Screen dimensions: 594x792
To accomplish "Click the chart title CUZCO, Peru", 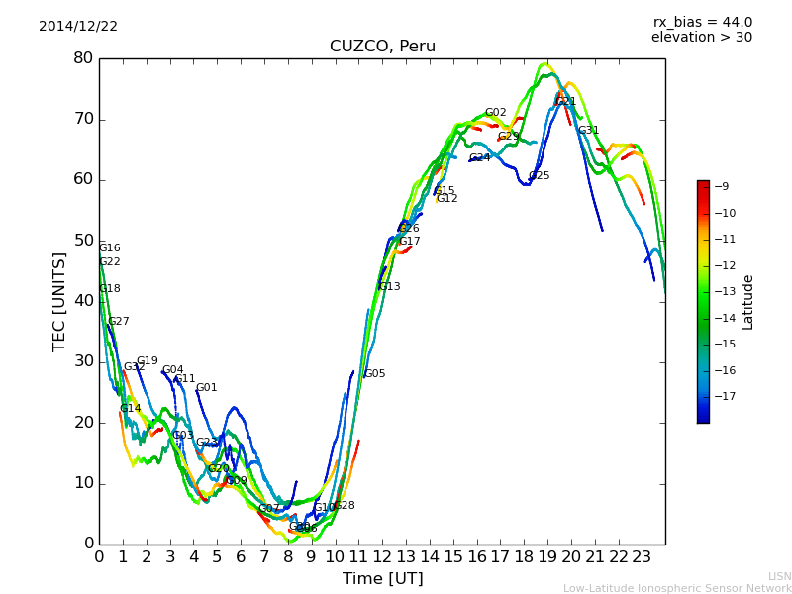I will click(382, 47).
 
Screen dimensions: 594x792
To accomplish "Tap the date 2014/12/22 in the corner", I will click(78, 27).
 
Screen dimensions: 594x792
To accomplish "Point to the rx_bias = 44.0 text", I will click(702, 23).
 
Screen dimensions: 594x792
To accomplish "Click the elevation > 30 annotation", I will click(701, 38).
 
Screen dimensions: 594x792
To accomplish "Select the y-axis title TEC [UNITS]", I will click(59, 301).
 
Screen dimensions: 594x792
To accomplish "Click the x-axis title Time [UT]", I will click(382, 578).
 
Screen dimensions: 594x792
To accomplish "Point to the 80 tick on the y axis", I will click(83, 58).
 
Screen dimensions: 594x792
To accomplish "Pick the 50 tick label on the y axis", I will click(83, 241).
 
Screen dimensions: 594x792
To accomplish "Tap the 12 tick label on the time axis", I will click(382, 556).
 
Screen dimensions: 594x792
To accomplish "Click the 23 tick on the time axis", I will click(642, 556).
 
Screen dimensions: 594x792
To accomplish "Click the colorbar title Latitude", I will click(748, 302).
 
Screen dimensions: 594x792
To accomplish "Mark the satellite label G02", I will click(495, 113).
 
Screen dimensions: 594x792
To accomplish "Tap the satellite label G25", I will click(539, 176).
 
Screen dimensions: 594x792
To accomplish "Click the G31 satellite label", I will click(588, 131).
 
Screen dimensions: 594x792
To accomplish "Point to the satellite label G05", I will click(374, 374).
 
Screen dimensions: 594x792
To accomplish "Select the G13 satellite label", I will click(389, 287).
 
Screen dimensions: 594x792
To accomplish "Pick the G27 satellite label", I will click(119, 322).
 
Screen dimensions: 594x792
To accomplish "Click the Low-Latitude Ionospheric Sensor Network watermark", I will click(677, 588).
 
